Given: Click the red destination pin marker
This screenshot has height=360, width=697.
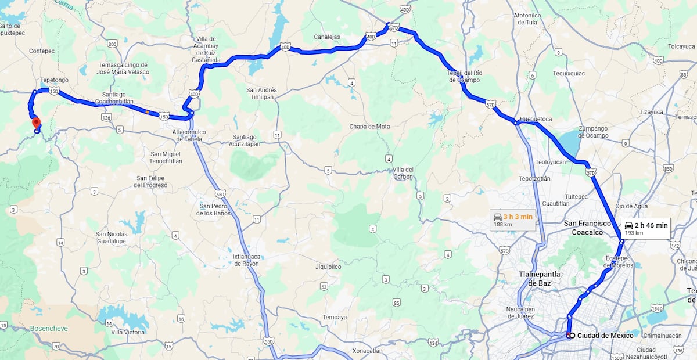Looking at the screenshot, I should [x=36, y=123].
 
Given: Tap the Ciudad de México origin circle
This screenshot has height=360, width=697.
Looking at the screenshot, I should [x=572, y=336].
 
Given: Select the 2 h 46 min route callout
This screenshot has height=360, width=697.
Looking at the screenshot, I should [x=646, y=228].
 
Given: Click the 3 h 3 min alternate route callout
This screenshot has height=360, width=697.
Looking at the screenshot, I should [x=512, y=219].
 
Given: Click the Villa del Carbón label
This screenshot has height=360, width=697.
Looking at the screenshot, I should [x=402, y=173].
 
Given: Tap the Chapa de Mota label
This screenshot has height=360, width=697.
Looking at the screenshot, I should [x=369, y=127].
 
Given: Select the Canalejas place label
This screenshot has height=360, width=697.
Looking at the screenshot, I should [x=326, y=37].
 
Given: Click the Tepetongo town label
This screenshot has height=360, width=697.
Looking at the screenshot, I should [x=55, y=80].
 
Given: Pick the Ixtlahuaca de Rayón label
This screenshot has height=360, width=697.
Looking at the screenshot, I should [x=246, y=260].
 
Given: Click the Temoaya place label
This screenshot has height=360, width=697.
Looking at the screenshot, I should [x=335, y=318].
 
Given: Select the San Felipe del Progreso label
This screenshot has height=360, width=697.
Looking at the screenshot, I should [x=150, y=181].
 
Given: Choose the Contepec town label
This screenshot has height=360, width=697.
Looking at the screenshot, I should [x=42, y=51].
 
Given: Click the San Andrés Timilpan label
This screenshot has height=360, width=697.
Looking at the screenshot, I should [x=261, y=94].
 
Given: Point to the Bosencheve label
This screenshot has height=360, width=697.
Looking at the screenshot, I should [x=49, y=328].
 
